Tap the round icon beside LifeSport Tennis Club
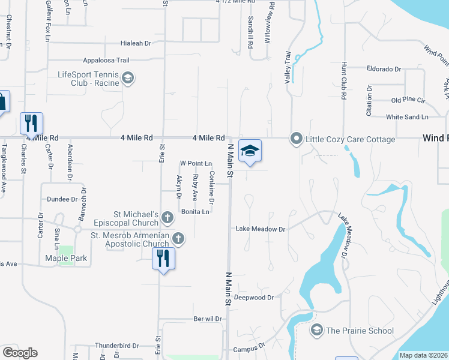pyautogui.click(x=127, y=78)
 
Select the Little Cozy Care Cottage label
pyautogui.click(x=351, y=139)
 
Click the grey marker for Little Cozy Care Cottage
pyautogui.click(x=296, y=139)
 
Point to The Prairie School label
pyautogui.click(x=359, y=331)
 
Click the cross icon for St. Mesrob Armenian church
pyautogui.click(x=178, y=238)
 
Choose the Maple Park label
pyautogui.click(x=66, y=259)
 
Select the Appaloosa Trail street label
pyautogui.click(x=106, y=60)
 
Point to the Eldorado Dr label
pyautogui.click(x=383, y=69)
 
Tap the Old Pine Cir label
pyautogui.click(x=408, y=100)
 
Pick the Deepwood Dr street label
pyautogui.click(x=253, y=297)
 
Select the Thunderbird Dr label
pyautogui.click(x=116, y=346)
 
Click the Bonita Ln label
pyautogui.click(x=196, y=212)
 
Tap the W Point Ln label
pyautogui.click(x=196, y=163)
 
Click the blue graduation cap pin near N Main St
pyautogui.click(x=249, y=151)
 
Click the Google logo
pyautogui.click(x=20, y=353)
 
